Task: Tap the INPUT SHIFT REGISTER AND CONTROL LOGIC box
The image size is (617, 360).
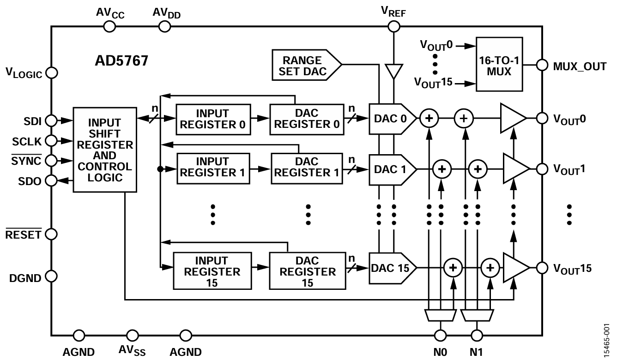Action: (x=105, y=150)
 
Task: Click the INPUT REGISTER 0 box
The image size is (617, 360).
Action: (x=212, y=119)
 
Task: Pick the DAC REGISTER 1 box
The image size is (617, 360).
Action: (x=308, y=167)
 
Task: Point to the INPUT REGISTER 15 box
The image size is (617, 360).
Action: (x=212, y=271)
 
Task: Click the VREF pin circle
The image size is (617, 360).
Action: (x=393, y=26)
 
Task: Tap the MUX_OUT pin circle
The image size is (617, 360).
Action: (x=541, y=66)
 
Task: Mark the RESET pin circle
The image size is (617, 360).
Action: (x=51, y=234)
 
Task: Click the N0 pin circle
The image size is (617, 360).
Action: (x=441, y=335)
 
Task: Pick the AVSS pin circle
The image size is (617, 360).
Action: (x=133, y=335)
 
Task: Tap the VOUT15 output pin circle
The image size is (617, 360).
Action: (x=541, y=268)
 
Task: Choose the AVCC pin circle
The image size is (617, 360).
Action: (x=109, y=26)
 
